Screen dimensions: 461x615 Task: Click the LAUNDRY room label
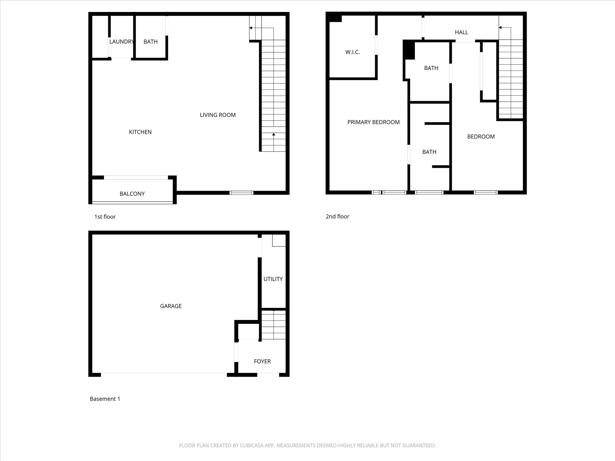(x=122, y=42)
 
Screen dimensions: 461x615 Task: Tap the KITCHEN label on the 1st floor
(x=140, y=132)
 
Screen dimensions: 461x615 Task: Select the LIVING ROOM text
(x=218, y=115)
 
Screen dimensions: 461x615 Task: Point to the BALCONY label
(x=132, y=194)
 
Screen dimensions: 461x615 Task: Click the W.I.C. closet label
(x=353, y=52)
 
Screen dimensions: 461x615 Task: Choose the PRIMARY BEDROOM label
(x=373, y=122)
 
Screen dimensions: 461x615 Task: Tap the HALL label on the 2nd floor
(x=461, y=32)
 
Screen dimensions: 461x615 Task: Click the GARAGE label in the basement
(x=171, y=306)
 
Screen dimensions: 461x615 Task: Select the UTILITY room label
(x=273, y=279)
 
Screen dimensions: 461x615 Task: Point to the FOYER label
(x=262, y=362)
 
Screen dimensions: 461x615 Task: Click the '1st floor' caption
(x=105, y=217)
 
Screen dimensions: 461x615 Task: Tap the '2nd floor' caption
(x=337, y=216)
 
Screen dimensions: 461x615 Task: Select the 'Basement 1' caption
(x=105, y=399)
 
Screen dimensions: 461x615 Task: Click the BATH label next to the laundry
(x=150, y=42)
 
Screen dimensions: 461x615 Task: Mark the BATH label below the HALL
(x=431, y=68)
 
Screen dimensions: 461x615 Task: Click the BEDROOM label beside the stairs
(x=481, y=137)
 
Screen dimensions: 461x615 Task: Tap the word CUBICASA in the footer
(x=252, y=445)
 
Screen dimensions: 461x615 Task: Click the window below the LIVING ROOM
(x=241, y=193)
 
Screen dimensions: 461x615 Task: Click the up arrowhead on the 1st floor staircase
(x=274, y=134)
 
